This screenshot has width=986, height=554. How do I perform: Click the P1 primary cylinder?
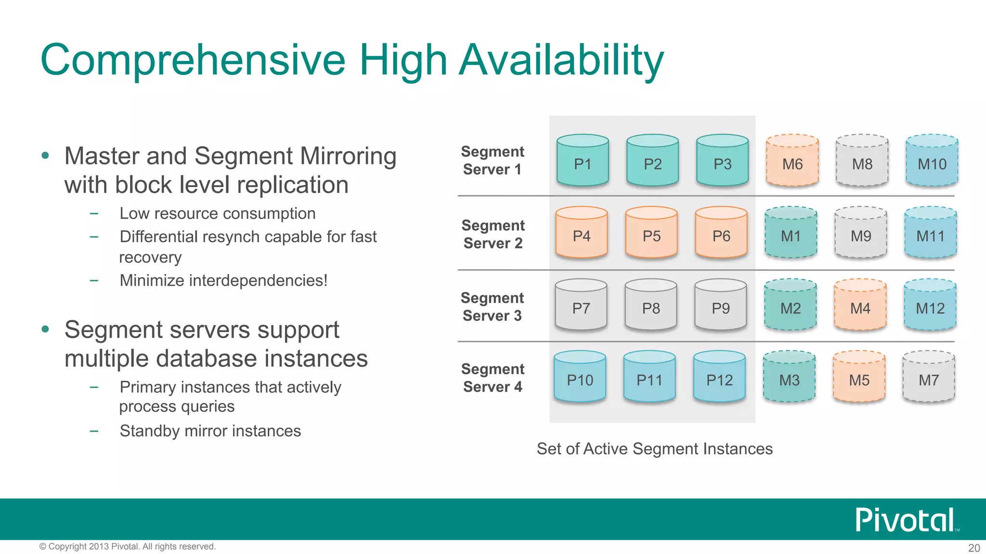tap(583, 161)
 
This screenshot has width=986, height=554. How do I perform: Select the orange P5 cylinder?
tap(651, 233)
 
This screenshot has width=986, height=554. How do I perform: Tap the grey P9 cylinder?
tap(721, 305)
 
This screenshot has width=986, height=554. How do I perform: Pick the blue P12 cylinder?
tap(719, 378)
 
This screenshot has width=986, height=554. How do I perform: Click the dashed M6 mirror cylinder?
tap(792, 161)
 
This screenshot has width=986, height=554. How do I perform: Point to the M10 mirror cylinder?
tap(932, 161)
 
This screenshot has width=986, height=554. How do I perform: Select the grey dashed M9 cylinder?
tap(861, 233)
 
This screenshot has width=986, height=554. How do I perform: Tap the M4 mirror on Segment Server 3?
tap(860, 305)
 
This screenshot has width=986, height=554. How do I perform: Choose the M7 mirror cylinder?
tap(929, 378)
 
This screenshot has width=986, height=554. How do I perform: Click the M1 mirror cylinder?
tap(791, 233)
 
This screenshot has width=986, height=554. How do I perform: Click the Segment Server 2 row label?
tap(493, 234)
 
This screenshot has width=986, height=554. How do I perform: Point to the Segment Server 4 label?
tap(493, 378)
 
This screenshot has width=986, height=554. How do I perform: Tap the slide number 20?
tap(973, 548)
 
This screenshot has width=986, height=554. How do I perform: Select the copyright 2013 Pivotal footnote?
tap(128, 546)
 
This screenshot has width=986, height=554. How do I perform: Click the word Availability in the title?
tap(561, 60)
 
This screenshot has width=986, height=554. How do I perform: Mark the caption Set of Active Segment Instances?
tap(655, 449)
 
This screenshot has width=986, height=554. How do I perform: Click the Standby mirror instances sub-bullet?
tap(210, 431)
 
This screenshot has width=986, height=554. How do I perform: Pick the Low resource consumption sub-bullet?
tap(217, 214)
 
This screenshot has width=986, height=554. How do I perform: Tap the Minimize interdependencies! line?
tap(223, 280)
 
